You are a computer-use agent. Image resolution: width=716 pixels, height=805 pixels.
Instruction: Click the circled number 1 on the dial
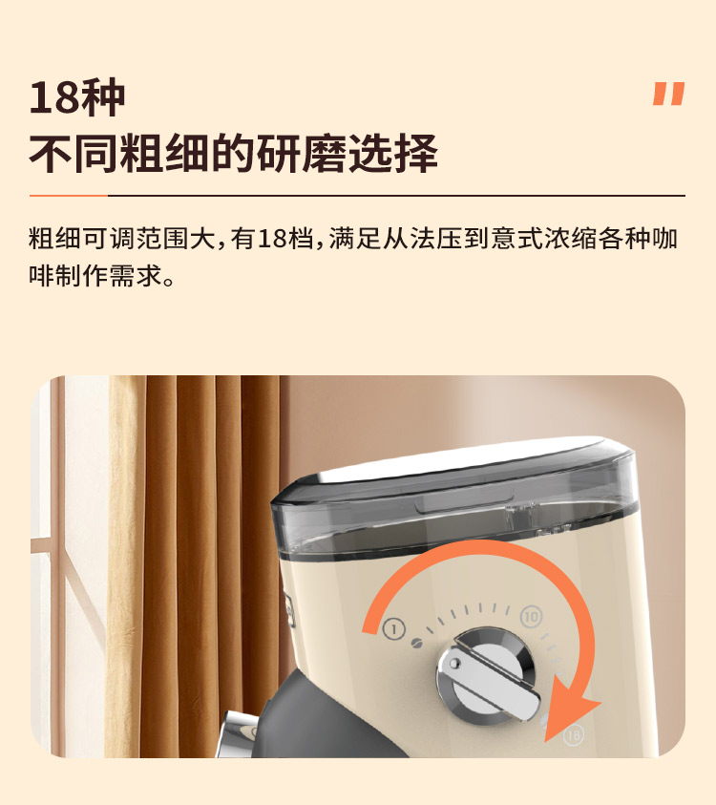coord(393,628)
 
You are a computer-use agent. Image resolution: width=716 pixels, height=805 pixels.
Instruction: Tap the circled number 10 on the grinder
coord(531,617)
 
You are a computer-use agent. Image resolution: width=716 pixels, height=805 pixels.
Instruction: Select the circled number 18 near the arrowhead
coord(573,735)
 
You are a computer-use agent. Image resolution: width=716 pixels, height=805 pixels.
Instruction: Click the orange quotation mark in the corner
coord(668,94)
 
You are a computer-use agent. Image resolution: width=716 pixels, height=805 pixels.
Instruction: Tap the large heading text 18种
coord(77,97)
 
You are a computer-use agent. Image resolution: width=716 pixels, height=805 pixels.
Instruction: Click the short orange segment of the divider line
coord(67,196)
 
